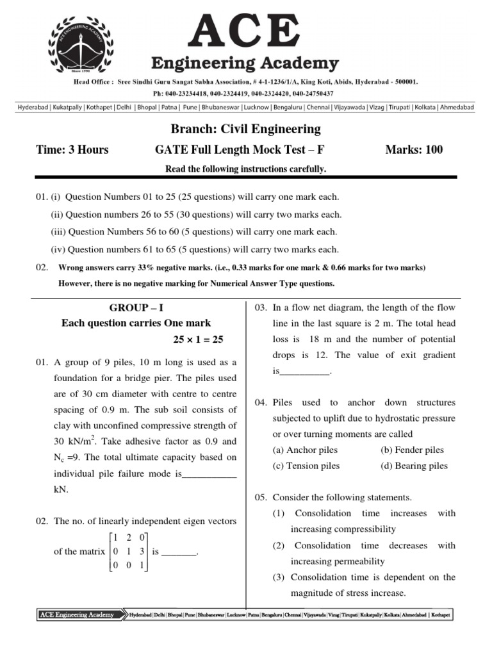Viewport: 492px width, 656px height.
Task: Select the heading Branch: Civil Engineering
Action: (246, 129)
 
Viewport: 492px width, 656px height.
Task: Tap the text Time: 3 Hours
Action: (72, 150)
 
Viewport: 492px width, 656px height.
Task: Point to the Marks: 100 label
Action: (413, 150)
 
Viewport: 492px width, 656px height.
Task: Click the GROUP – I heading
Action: (136, 307)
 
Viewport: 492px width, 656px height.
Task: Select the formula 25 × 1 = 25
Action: (198, 339)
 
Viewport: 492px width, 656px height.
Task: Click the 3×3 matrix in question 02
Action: (129, 551)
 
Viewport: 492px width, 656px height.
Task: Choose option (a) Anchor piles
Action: (304, 450)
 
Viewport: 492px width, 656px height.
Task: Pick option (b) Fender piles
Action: (412, 450)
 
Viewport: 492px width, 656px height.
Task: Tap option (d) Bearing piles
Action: (414, 466)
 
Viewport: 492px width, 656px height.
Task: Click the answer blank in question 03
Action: (305, 372)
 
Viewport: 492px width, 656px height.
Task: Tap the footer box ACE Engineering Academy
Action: (78, 615)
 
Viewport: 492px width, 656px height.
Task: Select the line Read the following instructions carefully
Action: (246, 169)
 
